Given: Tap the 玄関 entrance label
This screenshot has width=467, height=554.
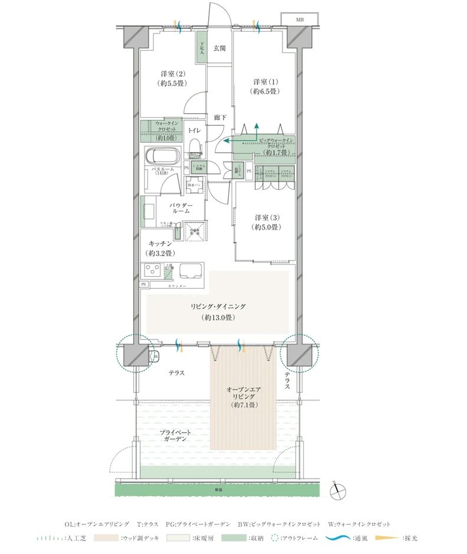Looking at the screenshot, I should click(x=219, y=49).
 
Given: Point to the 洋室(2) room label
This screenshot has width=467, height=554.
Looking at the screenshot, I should click(x=173, y=79).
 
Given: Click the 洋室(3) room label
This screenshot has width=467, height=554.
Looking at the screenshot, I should click(x=266, y=221).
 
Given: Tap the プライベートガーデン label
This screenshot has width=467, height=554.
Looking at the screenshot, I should click(x=173, y=436).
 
